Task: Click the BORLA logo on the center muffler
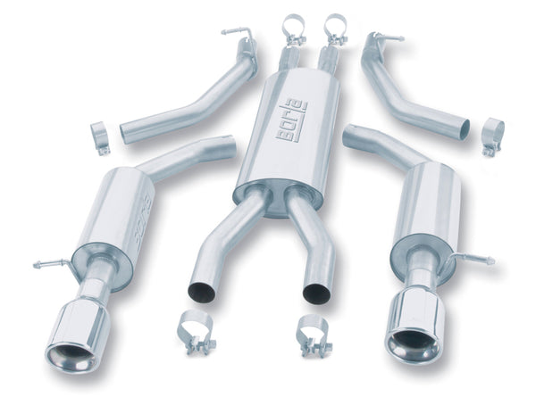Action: click(x=289, y=121)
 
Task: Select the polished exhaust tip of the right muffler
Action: click(x=413, y=334)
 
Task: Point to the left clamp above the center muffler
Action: click(x=293, y=29)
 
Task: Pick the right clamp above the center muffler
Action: click(x=336, y=29)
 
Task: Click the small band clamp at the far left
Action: click(x=100, y=138)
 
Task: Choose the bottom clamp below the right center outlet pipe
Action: click(x=314, y=331)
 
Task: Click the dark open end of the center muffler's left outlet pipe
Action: click(x=202, y=292)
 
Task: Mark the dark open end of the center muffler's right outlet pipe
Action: click(x=316, y=293)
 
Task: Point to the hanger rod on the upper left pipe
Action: click(x=235, y=32)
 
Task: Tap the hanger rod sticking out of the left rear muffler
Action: click(x=52, y=265)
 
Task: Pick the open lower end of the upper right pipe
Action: click(x=464, y=129)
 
